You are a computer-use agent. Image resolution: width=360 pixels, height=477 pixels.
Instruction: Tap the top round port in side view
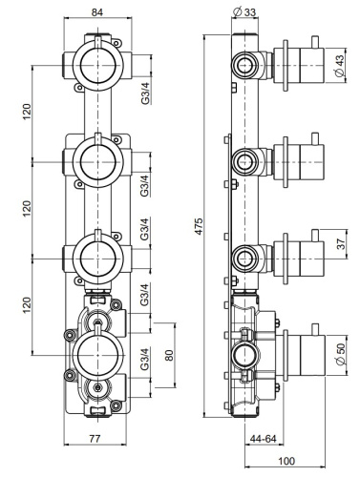tap(244, 65)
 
